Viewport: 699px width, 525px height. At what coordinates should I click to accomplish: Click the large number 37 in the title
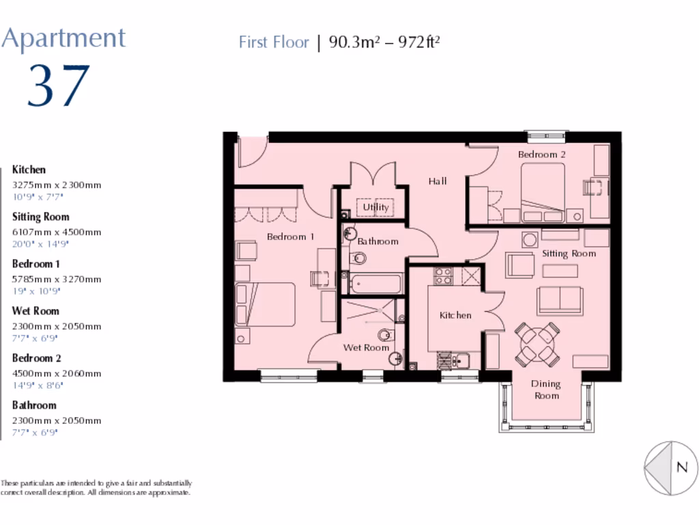[59, 87]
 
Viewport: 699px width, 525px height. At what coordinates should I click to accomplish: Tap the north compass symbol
[671, 468]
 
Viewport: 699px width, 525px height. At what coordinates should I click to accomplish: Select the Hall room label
[438, 181]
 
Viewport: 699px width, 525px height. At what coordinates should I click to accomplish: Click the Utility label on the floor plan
[375, 207]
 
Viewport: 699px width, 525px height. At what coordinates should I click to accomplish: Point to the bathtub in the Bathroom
[376, 283]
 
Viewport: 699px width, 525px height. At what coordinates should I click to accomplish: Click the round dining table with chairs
[538, 344]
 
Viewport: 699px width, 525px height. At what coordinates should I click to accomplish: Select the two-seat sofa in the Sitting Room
[560, 300]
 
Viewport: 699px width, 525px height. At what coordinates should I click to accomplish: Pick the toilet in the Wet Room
[387, 334]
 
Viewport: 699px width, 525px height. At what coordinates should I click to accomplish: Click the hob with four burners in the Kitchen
[443, 275]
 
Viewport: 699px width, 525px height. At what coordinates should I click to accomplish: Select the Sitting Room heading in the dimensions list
[40, 217]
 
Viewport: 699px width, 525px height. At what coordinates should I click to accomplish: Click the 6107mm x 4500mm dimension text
[57, 232]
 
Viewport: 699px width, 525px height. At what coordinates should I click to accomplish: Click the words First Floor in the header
[274, 42]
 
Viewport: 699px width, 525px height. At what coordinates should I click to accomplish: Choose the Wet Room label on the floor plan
[366, 347]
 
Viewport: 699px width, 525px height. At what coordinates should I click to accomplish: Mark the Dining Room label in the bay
[546, 390]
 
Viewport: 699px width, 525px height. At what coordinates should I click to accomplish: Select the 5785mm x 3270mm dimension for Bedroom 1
[57, 279]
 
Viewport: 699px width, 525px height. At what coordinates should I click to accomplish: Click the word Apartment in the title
[63, 38]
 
